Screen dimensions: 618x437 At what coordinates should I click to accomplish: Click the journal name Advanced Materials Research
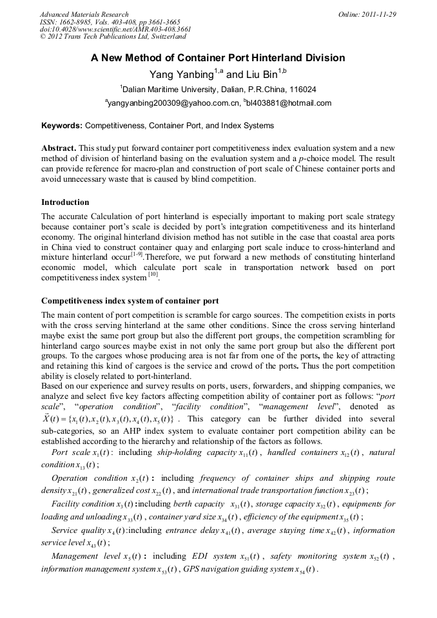pyautogui.click(x=84, y=14)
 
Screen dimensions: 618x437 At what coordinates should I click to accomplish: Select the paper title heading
pyautogui.click(x=218, y=58)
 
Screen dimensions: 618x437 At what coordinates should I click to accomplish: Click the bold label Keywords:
pyautogui.click(x=62, y=126)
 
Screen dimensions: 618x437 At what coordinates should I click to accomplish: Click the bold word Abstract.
pyautogui.click(x=59, y=148)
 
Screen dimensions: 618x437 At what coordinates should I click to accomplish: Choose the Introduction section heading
pyautogui.click(x=65, y=202)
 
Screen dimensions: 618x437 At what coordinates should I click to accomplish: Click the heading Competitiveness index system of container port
pyautogui.click(x=130, y=300)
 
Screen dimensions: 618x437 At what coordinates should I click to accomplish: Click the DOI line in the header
pyautogui.click(x=115, y=29)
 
